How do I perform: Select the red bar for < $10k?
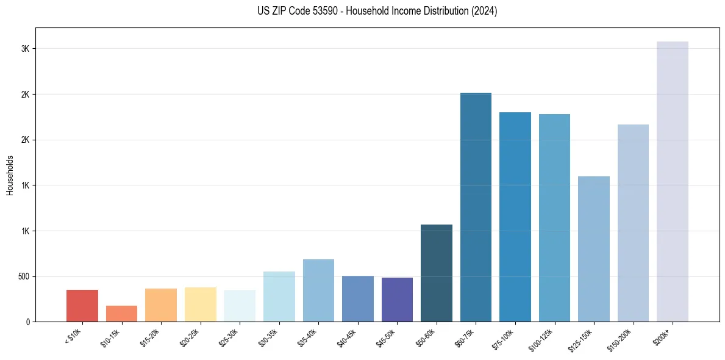[82, 306]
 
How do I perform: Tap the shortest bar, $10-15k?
[121, 314]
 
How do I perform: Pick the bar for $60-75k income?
[476, 207]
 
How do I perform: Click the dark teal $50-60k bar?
[437, 273]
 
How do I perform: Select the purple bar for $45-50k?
[397, 300]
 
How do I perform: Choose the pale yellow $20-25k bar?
[200, 304]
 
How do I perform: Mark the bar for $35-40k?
[318, 290]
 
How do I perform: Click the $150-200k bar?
[633, 223]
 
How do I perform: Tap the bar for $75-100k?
[515, 217]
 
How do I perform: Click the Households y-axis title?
[10, 175]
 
